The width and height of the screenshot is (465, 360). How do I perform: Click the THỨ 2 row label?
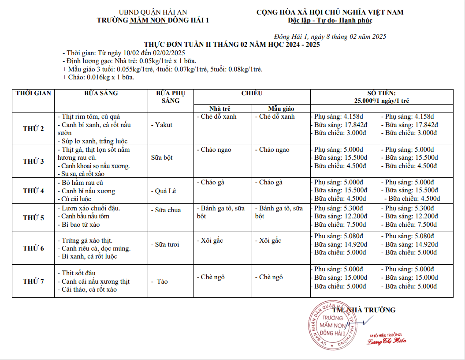point(33,129)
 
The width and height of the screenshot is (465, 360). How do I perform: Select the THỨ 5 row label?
point(33,217)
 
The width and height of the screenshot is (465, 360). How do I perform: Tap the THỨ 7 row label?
point(33,281)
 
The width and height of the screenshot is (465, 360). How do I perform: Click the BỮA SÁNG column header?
point(101,94)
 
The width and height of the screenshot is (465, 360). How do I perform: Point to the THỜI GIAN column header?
point(33,94)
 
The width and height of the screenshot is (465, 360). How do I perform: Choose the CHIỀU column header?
point(252,94)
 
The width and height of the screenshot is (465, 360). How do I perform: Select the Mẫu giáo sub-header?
point(281,109)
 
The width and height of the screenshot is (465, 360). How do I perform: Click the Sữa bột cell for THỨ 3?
point(162,157)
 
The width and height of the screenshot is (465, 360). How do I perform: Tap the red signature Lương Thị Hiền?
point(387,341)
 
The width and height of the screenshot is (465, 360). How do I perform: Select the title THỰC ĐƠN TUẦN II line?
point(232,45)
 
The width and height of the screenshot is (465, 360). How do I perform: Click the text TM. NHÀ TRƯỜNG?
point(364,310)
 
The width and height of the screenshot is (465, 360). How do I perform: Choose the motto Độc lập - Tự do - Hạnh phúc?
point(330,20)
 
